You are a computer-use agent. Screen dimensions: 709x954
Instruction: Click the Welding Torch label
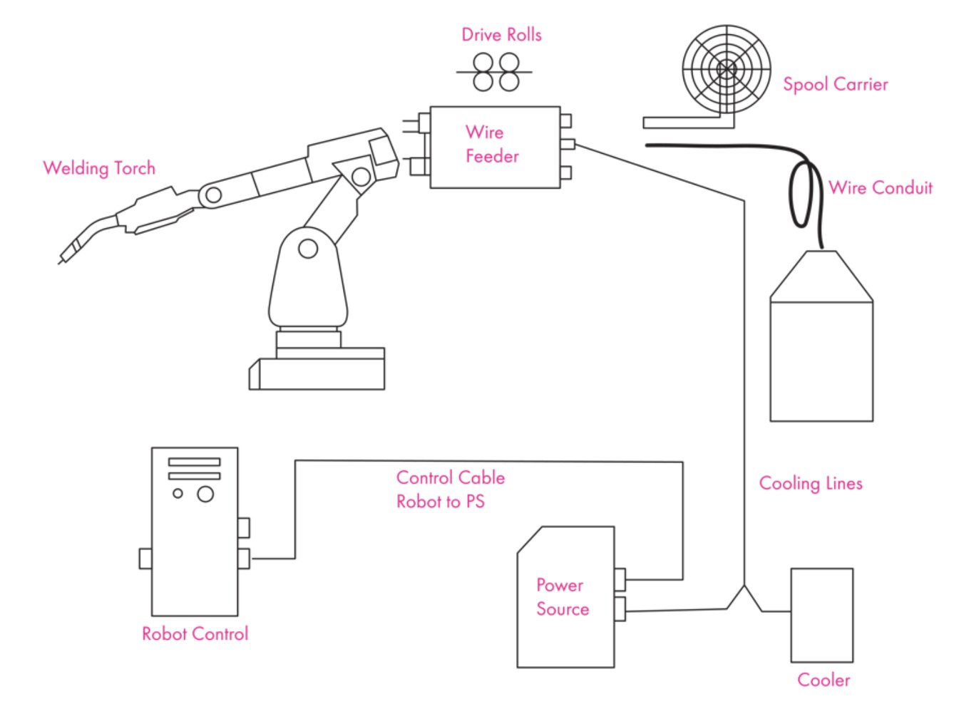pos(99,168)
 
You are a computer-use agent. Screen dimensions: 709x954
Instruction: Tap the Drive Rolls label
pos(501,35)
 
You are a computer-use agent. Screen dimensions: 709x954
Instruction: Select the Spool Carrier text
pos(835,84)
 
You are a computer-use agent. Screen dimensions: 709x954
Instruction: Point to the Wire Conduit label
pos(880,188)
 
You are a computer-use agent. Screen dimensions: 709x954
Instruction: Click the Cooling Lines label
pos(811,483)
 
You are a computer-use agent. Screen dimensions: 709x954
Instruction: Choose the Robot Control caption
pos(195,633)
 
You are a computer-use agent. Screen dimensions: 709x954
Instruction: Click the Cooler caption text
pos(824,680)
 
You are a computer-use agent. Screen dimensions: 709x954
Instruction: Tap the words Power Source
pos(563,597)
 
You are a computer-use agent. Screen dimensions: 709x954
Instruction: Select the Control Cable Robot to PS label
pos(450,490)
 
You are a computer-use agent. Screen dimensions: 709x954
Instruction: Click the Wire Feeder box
pos(495,148)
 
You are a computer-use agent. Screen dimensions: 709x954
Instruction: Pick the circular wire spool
pos(726,69)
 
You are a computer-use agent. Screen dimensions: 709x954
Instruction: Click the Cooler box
pos(821,615)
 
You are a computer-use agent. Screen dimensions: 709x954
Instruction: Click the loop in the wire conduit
pos(801,195)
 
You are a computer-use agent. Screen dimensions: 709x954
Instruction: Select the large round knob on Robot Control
pos(205,493)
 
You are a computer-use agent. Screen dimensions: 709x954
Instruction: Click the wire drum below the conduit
pos(821,349)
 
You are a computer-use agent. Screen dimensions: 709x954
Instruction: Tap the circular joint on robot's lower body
pos(308,249)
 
